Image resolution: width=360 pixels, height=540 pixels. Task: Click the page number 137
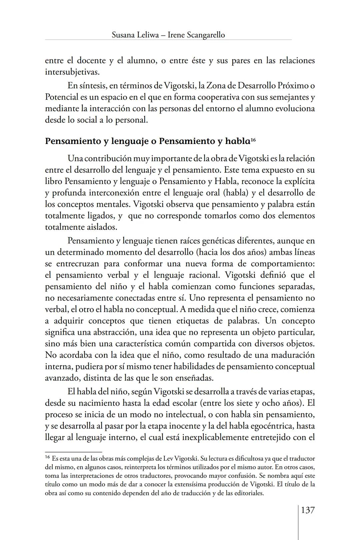[308, 510]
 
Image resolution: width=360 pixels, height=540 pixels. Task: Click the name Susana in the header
[123, 35]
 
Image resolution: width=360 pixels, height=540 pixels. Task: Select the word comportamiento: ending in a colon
[283, 264]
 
